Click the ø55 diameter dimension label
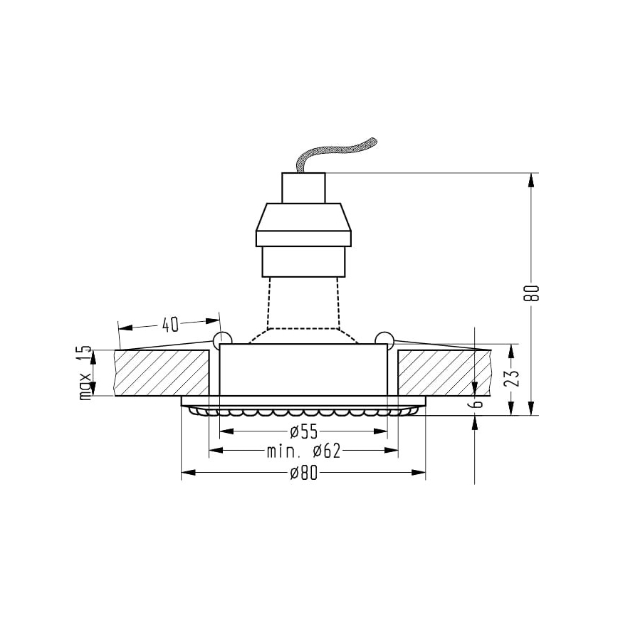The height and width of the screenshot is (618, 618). pyautogui.click(x=304, y=431)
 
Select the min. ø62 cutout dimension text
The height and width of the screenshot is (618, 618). pyautogui.click(x=304, y=451)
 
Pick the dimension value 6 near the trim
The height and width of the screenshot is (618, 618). pyautogui.click(x=478, y=404)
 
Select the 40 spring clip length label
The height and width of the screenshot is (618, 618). pyautogui.click(x=169, y=325)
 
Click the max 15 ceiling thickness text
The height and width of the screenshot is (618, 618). pyautogui.click(x=85, y=372)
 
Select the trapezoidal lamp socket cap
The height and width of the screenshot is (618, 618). pyautogui.click(x=304, y=224)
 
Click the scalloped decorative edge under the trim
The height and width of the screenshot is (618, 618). pyautogui.click(x=304, y=412)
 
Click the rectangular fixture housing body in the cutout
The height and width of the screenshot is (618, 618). pyautogui.click(x=304, y=370)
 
